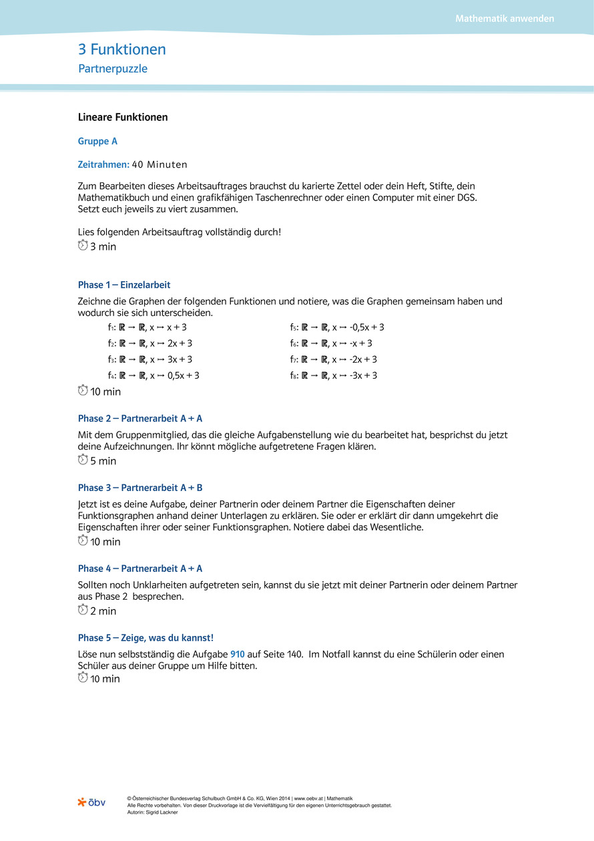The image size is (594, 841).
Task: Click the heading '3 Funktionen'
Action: (x=122, y=49)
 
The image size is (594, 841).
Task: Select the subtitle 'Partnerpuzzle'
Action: (x=113, y=68)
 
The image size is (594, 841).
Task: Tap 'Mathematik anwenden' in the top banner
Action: (x=505, y=19)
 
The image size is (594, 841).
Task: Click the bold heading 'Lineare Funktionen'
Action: (x=123, y=118)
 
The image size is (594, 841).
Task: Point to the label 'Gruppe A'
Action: (x=97, y=142)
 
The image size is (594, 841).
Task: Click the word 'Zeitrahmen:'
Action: (x=103, y=164)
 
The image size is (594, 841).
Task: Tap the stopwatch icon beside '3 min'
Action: (x=83, y=246)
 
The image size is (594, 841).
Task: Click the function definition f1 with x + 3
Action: (x=147, y=327)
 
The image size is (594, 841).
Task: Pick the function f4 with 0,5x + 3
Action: (x=154, y=375)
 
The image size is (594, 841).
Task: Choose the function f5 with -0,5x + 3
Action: (x=337, y=327)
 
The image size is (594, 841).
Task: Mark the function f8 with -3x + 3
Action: (x=333, y=375)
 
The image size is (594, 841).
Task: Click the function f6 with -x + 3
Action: (x=331, y=343)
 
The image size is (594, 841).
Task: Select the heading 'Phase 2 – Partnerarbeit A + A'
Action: (x=140, y=419)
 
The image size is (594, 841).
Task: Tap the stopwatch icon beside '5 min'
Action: (x=83, y=460)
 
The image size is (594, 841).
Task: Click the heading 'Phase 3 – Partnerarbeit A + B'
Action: (x=140, y=488)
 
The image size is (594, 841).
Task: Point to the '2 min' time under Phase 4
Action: (x=103, y=611)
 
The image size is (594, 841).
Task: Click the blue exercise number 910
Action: (x=238, y=655)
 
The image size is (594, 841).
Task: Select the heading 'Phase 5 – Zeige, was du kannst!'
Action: (x=145, y=638)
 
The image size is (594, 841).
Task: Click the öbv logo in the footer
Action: (x=91, y=802)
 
